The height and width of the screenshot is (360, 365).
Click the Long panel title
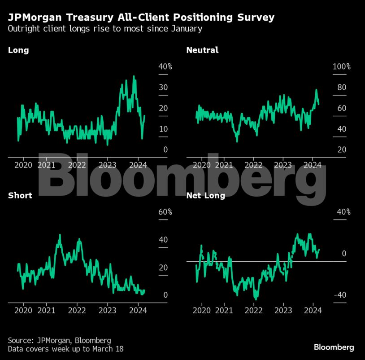click(x=18, y=50)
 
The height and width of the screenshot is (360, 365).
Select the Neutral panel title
click(x=202, y=50)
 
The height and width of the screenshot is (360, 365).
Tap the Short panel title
click(x=20, y=196)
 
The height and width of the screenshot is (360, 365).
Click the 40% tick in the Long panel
click(x=165, y=66)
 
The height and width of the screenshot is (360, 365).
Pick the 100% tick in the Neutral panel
click(x=341, y=66)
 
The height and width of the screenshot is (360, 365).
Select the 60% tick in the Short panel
click(x=165, y=212)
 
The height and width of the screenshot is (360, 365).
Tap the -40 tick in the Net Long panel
click(x=339, y=295)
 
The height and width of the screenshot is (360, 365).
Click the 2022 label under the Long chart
click(x=77, y=165)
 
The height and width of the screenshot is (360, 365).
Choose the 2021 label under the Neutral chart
click(x=225, y=165)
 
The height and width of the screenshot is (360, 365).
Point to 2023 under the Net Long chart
click(x=283, y=310)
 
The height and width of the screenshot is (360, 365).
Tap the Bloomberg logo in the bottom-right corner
click(x=334, y=347)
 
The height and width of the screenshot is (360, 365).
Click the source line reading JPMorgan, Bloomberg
click(x=59, y=340)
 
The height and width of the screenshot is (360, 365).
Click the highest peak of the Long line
click(x=134, y=77)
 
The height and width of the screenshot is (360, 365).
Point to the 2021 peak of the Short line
click(x=60, y=235)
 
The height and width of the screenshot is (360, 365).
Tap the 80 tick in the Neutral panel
click(x=342, y=88)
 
